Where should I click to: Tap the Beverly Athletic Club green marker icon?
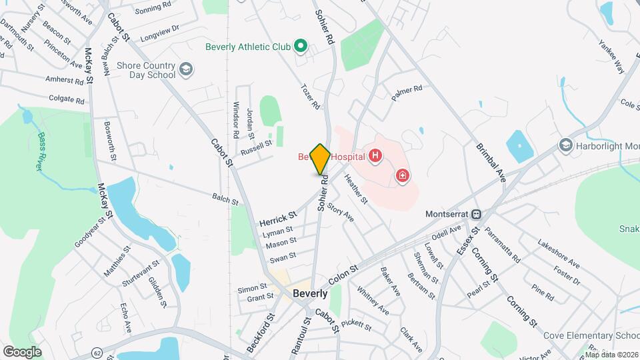point(301,47)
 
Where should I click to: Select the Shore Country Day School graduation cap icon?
point(186,67)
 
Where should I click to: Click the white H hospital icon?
point(376,157)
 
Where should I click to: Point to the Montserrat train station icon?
point(477,215)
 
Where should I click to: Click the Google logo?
point(22,351)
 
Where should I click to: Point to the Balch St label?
point(225,199)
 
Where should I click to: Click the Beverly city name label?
point(311,293)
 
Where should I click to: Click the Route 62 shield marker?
point(98,352)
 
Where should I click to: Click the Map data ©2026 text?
point(611,354)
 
